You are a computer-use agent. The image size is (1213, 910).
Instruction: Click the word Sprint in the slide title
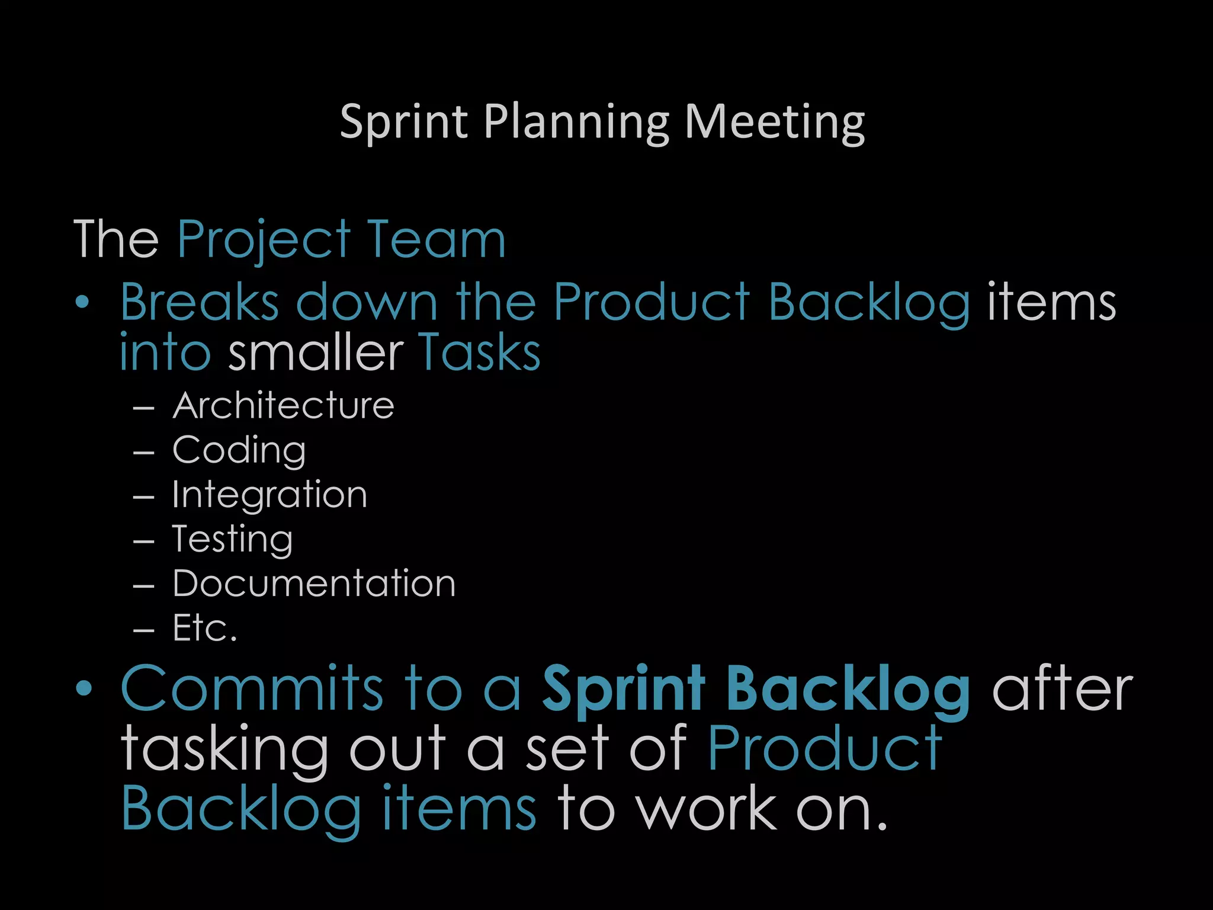(403, 122)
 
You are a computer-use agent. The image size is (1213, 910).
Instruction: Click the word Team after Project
(436, 239)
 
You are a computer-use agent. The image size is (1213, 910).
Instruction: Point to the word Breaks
(199, 302)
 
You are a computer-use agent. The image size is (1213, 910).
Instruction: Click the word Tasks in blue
(479, 353)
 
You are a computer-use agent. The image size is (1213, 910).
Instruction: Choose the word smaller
(316, 353)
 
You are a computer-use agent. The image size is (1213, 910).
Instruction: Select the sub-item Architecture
(283, 406)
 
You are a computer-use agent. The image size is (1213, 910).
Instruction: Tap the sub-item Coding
(239, 450)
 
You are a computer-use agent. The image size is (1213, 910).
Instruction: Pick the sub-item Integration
(269, 495)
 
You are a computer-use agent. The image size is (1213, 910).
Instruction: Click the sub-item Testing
(232, 539)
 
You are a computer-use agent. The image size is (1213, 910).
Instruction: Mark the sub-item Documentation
(314, 584)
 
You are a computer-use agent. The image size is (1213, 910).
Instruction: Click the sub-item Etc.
(205, 628)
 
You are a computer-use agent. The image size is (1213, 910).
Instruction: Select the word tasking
(224, 749)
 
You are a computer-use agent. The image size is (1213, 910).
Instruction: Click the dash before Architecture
(144, 408)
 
